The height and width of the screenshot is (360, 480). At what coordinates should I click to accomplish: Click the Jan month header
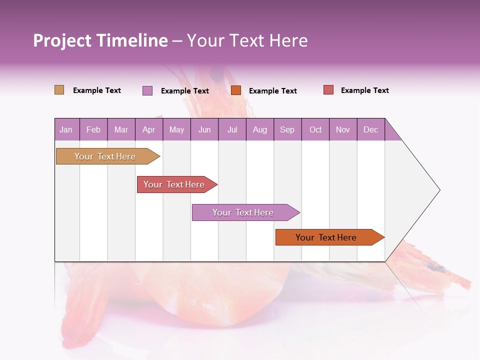pos(66,129)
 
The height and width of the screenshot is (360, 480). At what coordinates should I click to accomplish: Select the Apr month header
pos(149,129)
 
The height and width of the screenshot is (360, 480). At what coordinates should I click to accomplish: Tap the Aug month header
pos(260,129)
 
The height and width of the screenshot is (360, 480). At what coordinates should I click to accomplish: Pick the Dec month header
pos(371,129)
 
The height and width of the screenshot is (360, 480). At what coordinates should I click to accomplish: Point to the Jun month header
pos(204,129)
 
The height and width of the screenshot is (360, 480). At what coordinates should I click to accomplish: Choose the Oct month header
pos(315,129)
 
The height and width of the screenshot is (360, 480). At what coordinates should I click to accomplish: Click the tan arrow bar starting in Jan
pos(105,156)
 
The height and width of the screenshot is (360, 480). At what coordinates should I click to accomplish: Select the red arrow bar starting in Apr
pos(174,184)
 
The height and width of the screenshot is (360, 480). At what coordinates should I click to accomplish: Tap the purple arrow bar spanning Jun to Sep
pos(243,212)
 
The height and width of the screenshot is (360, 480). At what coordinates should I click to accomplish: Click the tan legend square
pos(59,90)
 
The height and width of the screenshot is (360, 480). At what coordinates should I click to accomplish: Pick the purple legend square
pos(147,90)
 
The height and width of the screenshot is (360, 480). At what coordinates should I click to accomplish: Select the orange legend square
pos(236,90)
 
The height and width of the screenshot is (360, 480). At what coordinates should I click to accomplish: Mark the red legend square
pos(328,90)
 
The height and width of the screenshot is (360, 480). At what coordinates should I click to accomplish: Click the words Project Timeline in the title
pos(100,40)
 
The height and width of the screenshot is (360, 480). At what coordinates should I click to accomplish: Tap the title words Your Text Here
pos(247,40)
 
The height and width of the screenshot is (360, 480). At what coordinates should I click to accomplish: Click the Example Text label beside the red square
pos(364,90)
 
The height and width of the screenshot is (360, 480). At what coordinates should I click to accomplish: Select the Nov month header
pos(343,129)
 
